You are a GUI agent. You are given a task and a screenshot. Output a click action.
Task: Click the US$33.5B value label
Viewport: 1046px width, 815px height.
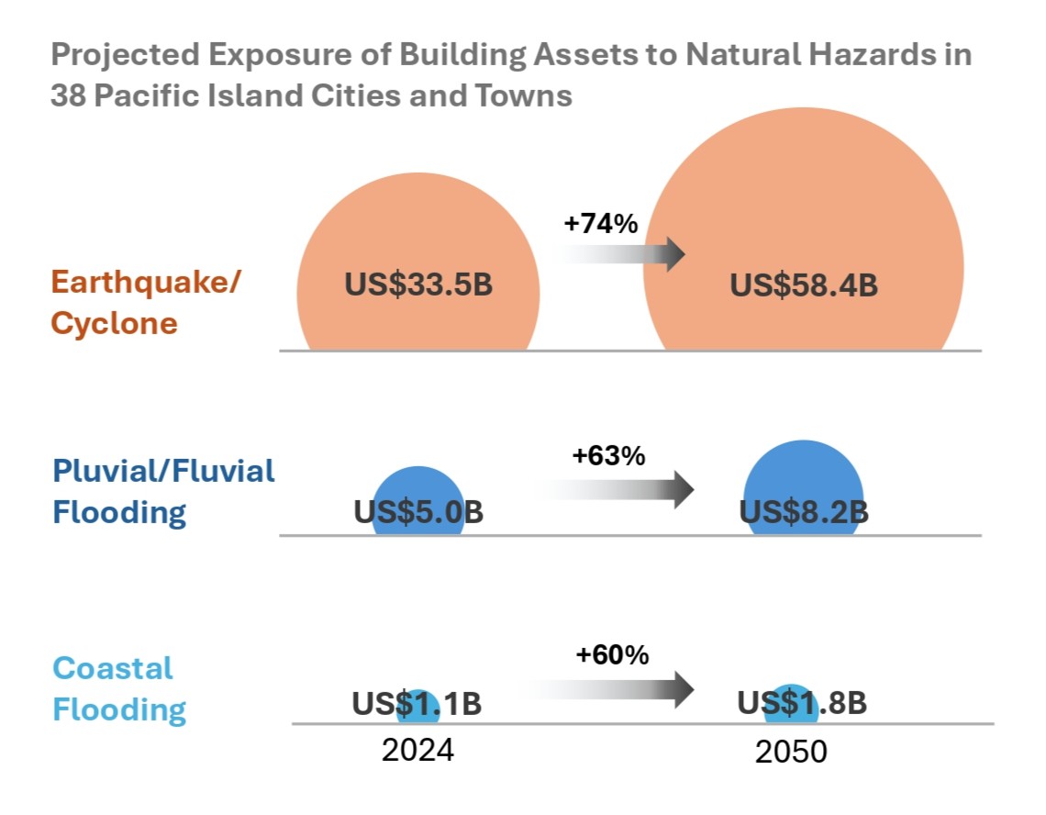[418, 285]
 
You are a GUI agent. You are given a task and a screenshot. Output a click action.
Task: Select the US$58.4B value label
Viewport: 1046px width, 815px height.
[804, 285]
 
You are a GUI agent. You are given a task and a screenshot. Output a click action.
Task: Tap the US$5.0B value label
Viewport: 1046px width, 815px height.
[418, 512]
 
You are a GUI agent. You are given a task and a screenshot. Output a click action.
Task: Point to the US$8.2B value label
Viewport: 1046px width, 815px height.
[804, 512]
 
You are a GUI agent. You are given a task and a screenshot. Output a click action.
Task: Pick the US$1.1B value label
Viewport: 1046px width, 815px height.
[417, 704]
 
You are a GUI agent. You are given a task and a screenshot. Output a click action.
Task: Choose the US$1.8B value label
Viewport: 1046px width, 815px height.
[803, 704]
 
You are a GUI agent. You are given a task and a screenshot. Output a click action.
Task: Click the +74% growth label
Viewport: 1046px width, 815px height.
[601, 224]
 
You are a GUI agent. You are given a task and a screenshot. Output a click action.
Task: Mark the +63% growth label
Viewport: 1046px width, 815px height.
[609, 456]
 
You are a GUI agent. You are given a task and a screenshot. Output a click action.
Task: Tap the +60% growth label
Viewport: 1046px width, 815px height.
[612, 654]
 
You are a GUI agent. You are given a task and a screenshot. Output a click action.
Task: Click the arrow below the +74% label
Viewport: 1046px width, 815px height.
[624, 253]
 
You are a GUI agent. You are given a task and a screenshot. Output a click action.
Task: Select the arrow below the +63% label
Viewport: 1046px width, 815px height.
[624, 489]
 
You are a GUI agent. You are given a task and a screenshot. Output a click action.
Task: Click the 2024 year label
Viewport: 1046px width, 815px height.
[417, 750]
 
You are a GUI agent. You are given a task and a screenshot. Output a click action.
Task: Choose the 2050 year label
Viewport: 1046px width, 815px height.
[791, 752]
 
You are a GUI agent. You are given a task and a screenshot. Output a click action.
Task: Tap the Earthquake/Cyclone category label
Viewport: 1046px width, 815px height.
[145, 302]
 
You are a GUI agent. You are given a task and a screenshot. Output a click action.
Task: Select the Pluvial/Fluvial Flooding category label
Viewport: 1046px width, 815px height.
[163, 491]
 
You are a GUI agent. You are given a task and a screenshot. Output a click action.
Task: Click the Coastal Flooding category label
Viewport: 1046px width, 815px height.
[119, 688]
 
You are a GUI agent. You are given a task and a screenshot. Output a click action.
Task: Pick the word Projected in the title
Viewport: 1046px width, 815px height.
[124, 55]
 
